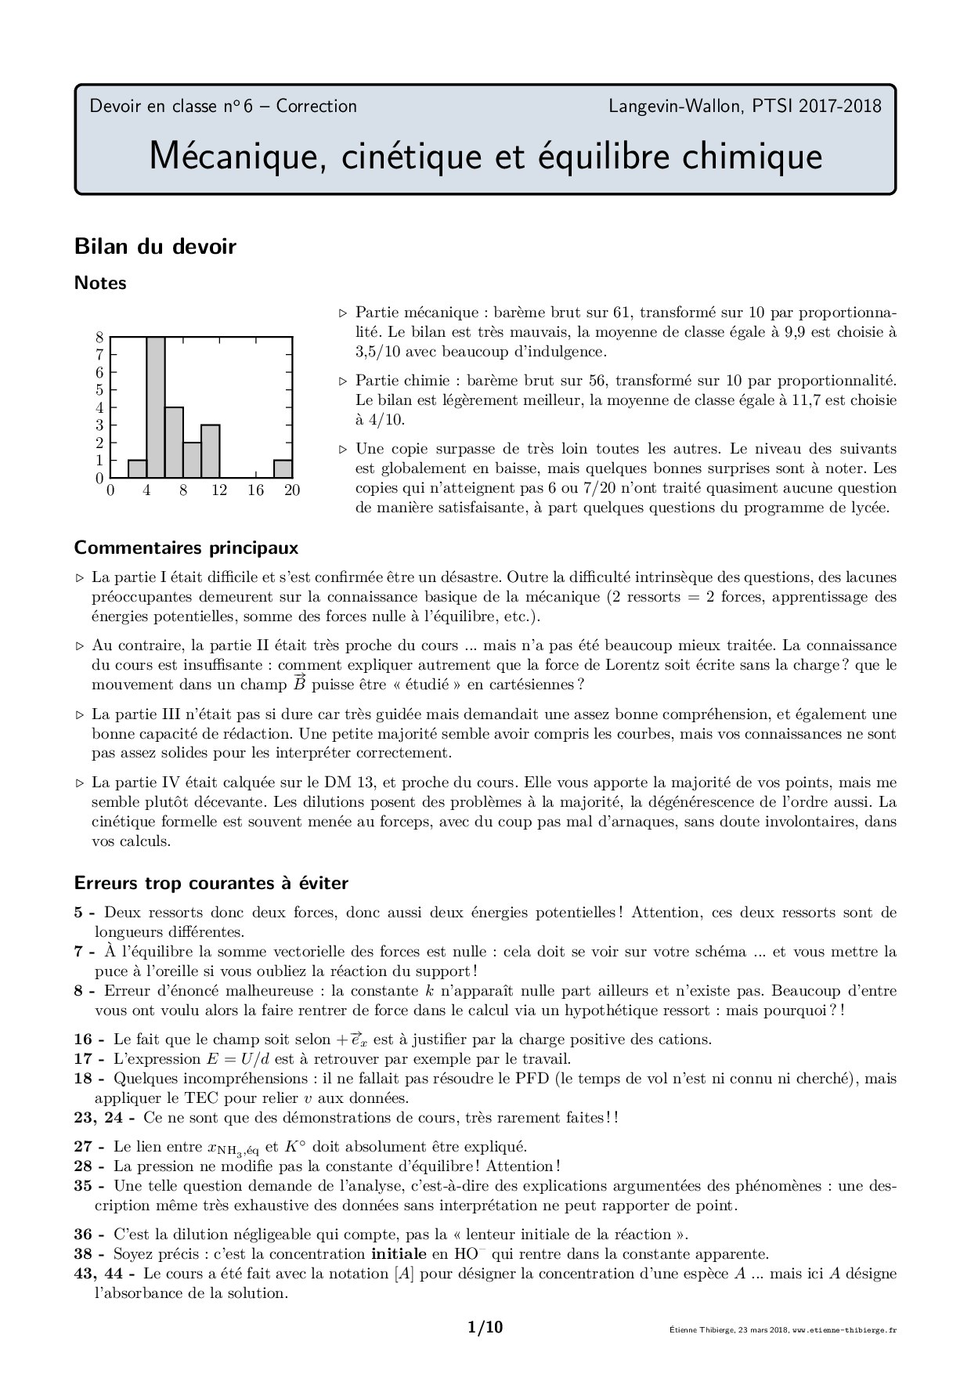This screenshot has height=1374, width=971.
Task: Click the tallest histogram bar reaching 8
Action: pyautogui.click(x=156, y=407)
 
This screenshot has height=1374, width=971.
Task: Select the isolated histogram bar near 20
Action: pyautogui.click(x=283, y=468)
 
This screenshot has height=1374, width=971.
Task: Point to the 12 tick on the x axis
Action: pyautogui.click(x=219, y=490)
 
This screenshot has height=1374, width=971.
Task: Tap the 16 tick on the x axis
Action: pyautogui.click(x=256, y=490)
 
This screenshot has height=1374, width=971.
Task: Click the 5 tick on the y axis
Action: pyautogui.click(x=99, y=390)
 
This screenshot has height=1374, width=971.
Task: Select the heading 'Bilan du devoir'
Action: pyautogui.click(x=155, y=247)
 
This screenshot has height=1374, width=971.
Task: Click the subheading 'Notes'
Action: pyautogui.click(x=100, y=283)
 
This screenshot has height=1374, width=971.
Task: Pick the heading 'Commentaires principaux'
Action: pyautogui.click(x=186, y=547)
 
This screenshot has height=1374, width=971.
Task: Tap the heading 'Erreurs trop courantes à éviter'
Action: pyautogui.click(x=211, y=883)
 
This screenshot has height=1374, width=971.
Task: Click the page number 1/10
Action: pyautogui.click(x=485, y=1327)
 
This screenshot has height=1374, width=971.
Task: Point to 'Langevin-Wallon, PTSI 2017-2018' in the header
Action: pyautogui.click(x=745, y=106)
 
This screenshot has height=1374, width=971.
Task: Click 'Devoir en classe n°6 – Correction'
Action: pyautogui.click(x=223, y=106)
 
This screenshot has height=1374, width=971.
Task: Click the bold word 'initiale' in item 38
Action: pyautogui.click(x=399, y=1253)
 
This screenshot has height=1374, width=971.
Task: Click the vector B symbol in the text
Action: pyautogui.click(x=299, y=683)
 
